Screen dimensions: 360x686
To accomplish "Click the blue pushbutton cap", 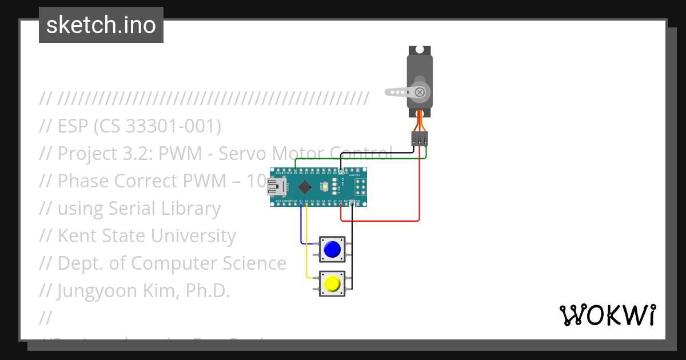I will (x=332, y=250).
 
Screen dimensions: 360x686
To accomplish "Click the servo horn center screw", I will (x=420, y=91).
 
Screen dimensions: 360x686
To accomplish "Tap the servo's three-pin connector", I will (x=420, y=138).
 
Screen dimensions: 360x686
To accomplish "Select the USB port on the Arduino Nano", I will (x=277, y=187).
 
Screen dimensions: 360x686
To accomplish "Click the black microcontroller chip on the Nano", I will (x=305, y=187).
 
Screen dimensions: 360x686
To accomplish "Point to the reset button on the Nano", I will (x=325, y=187).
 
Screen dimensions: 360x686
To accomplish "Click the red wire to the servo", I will (x=420, y=189).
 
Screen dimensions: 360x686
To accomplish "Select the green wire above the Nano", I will (x=360, y=159).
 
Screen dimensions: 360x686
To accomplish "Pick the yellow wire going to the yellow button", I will (x=307, y=246).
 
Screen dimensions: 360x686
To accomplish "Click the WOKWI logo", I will (x=607, y=315).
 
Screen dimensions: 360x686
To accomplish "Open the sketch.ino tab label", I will (x=101, y=25).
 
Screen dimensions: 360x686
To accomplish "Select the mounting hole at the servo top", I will (x=420, y=50).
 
